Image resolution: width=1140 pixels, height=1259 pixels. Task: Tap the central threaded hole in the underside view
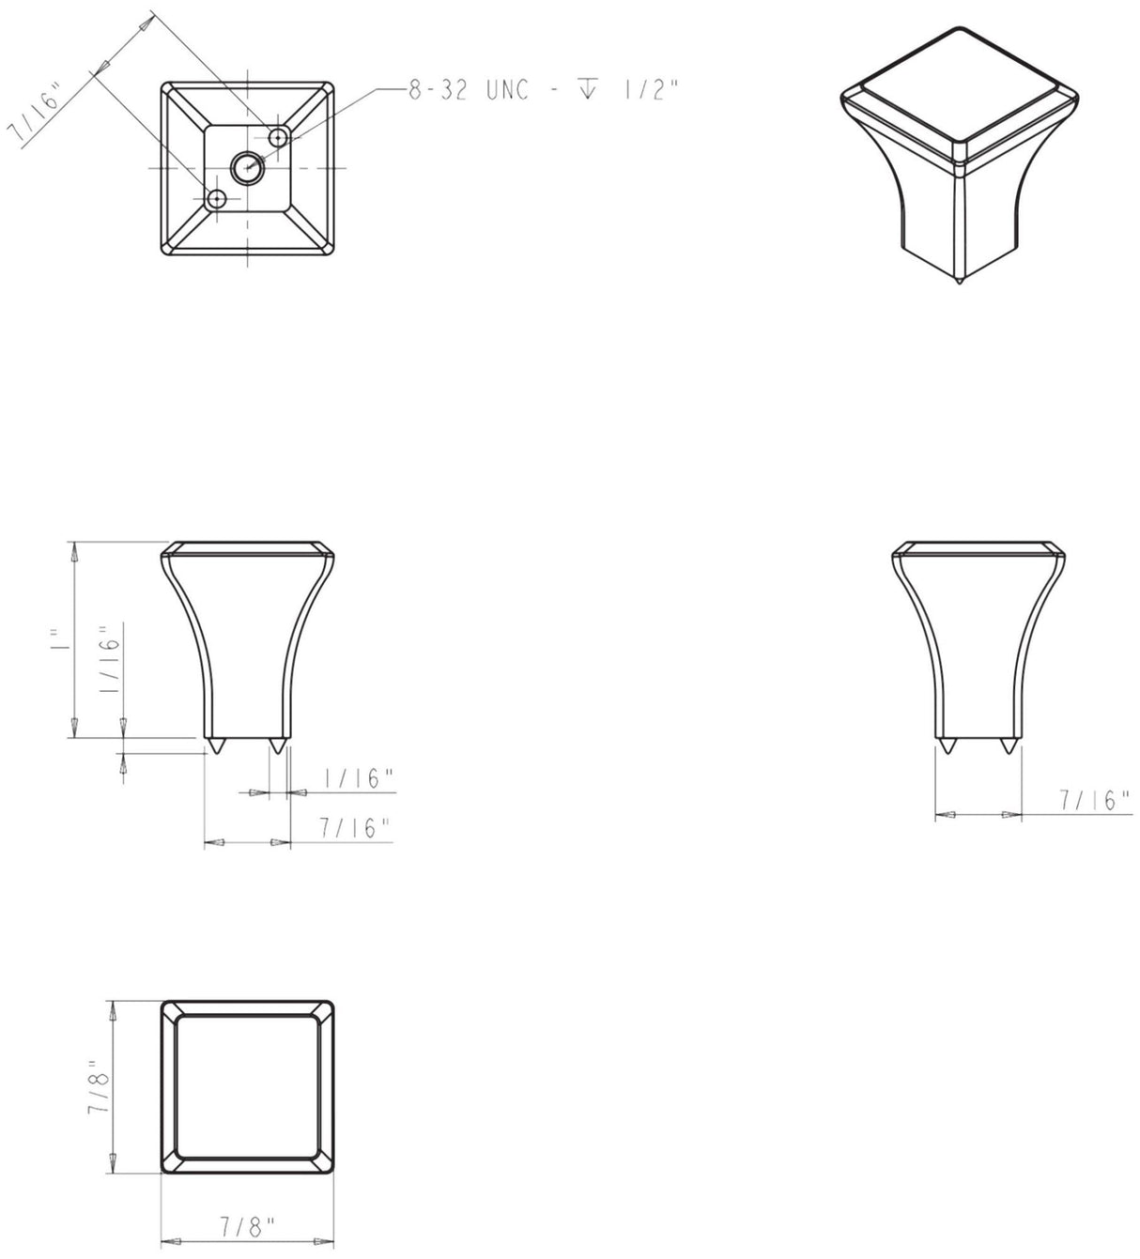[247, 168]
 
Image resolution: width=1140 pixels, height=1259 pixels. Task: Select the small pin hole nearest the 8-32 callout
[278, 138]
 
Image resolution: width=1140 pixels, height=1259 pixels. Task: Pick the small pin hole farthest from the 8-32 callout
[218, 199]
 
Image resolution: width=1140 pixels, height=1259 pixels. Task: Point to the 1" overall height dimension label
[60, 639]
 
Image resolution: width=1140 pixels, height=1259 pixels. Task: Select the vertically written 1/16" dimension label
[110, 660]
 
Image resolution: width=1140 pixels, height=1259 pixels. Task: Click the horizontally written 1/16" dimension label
[357, 778]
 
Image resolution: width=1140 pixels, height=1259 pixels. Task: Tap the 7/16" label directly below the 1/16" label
[354, 828]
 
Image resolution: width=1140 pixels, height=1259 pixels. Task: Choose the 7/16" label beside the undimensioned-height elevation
[1093, 801]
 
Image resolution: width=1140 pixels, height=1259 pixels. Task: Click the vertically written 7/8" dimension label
[100, 1088]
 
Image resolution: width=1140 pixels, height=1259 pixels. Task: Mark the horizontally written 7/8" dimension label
[247, 1226]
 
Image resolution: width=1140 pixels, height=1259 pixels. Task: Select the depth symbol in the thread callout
[587, 90]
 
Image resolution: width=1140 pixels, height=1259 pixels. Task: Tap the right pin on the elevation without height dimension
[1009, 746]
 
